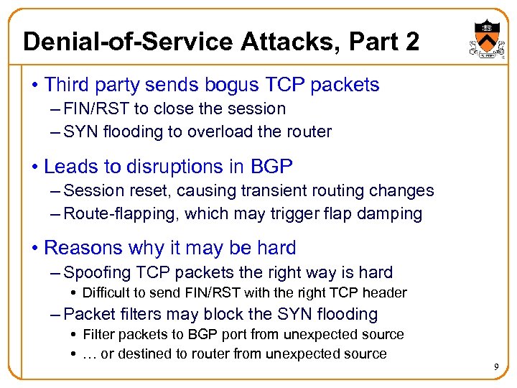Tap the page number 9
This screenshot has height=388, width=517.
[x=496, y=368]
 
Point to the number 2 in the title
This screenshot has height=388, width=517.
[x=411, y=42]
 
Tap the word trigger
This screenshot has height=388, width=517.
[x=299, y=213]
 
